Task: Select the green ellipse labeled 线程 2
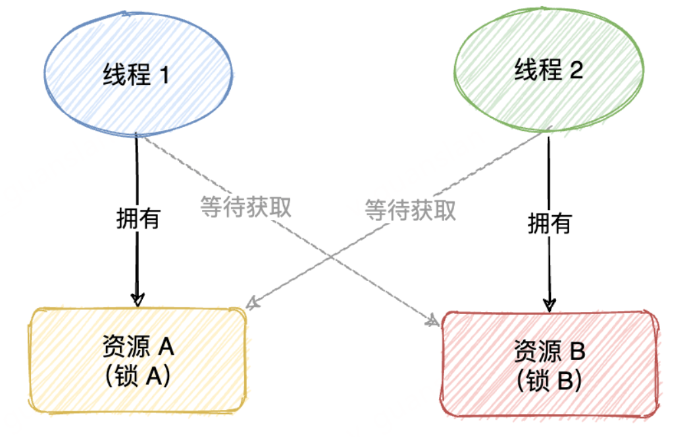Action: pos(548,71)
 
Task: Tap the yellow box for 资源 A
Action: pos(137,359)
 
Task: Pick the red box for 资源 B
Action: pos(550,364)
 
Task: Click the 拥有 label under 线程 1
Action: pos(138,218)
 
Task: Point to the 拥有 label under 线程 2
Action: pos(550,224)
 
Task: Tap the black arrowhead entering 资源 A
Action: pos(137,299)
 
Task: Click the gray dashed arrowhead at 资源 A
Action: pos(251,303)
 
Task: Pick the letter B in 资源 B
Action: pos(576,351)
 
